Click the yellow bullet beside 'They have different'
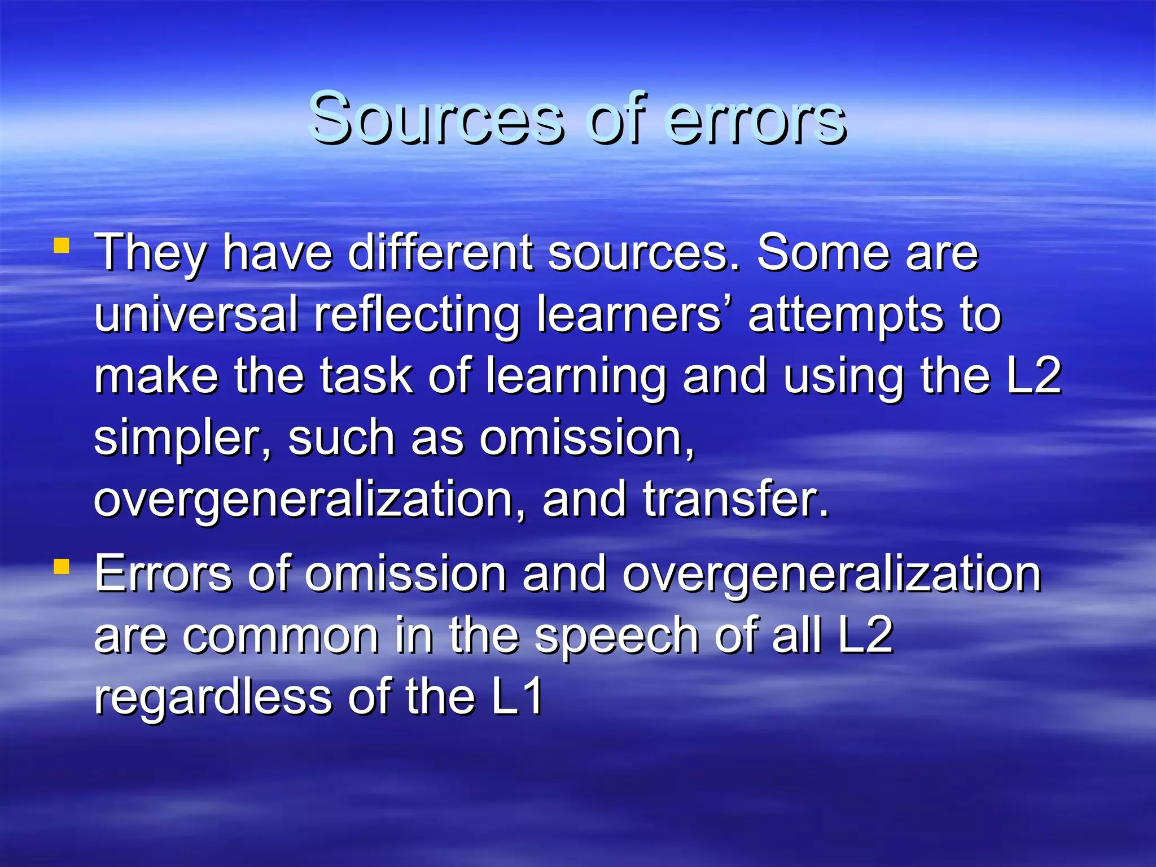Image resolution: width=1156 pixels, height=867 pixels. (x=62, y=246)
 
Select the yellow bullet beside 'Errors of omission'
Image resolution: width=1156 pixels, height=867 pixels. (x=62, y=566)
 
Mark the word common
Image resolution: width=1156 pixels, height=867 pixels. (x=281, y=636)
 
